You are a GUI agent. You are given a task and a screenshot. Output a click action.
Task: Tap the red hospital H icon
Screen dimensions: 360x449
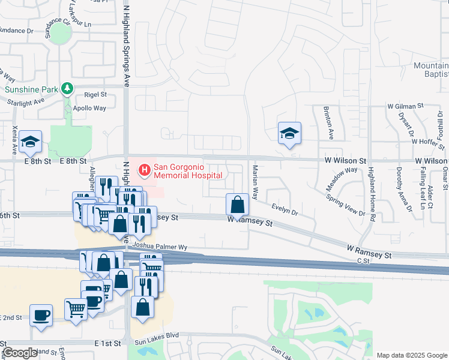[145, 171]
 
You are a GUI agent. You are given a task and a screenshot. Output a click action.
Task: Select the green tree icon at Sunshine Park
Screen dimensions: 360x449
[68, 89]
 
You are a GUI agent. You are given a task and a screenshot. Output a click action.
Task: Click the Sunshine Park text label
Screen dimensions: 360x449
[32, 89]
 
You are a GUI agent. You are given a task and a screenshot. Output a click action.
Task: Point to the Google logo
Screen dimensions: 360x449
[20, 353]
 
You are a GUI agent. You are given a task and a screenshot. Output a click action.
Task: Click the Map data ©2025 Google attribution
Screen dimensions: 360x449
[411, 355]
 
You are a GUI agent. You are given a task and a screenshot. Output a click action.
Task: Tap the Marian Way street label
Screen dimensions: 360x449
[255, 182]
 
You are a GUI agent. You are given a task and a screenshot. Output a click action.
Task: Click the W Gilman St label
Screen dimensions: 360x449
[401, 106]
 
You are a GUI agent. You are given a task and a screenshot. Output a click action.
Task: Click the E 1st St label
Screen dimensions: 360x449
[108, 343]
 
